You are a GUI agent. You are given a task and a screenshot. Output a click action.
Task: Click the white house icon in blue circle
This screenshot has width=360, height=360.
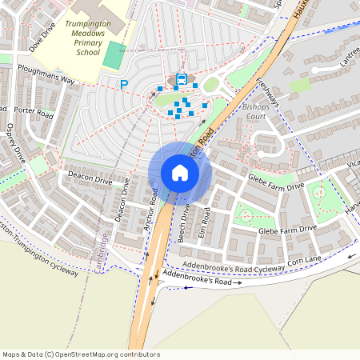(179, 173)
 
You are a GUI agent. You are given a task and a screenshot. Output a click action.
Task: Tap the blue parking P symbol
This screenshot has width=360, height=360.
(124, 83)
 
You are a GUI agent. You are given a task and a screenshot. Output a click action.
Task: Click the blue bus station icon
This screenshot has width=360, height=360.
(182, 78)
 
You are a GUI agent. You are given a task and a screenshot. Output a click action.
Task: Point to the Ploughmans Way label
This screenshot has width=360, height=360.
(48, 82)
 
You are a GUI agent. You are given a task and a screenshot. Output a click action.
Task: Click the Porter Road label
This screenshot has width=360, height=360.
(33, 114)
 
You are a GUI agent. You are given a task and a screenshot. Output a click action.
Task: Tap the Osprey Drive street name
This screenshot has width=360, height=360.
(16, 143)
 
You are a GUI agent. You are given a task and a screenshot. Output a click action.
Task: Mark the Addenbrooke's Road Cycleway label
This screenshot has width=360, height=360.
(238, 266)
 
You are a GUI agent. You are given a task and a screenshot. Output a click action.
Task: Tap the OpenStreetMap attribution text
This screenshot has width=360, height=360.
(80, 354)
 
